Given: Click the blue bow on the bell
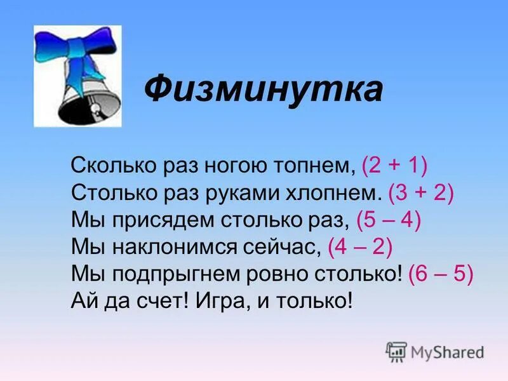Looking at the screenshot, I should (76, 54).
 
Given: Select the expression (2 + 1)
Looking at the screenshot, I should (394, 166).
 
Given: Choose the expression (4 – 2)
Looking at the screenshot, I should (359, 246).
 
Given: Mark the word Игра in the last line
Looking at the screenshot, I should (219, 300).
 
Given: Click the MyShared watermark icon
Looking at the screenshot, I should (396, 351).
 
